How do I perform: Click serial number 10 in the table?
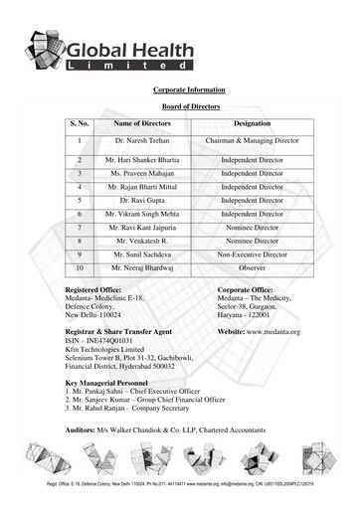(x=80, y=267)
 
